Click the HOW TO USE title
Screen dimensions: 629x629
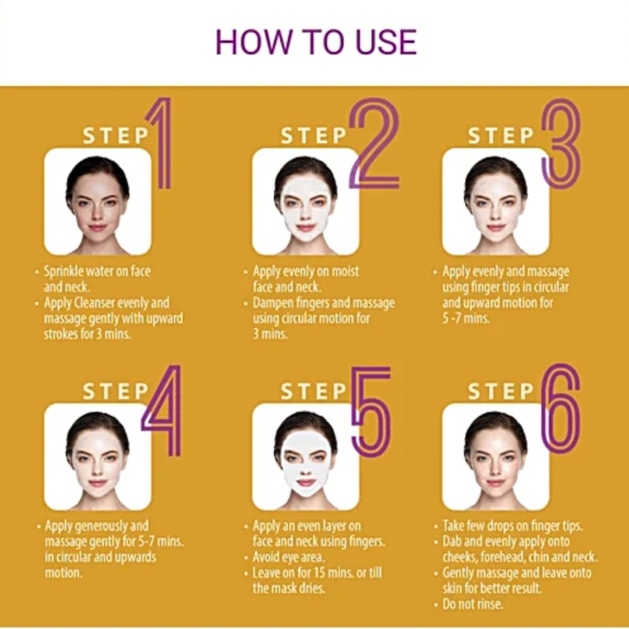[316, 42]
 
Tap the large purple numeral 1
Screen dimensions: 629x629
[163, 143]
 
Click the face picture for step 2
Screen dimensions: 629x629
[305, 201]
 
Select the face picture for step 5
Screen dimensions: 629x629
[305, 456]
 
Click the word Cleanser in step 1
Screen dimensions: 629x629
[94, 303]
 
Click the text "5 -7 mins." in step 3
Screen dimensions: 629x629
[466, 318]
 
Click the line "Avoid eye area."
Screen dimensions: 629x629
[288, 557]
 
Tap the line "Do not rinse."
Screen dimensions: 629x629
[473, 604]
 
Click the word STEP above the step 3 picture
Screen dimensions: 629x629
[501, 135]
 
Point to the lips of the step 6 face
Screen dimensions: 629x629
[495, 482]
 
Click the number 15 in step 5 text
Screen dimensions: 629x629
[319, 573]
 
